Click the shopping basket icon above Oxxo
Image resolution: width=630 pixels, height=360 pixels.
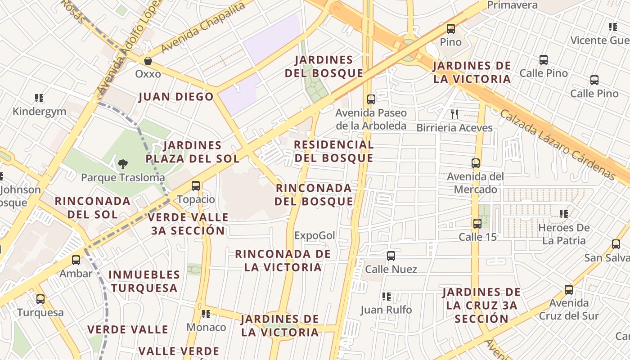click(x=148, y=60)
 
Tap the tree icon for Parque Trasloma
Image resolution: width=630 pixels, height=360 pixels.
click(x=122, y=164)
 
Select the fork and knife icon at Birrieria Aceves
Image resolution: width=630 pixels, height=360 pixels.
click(x=454, y=114)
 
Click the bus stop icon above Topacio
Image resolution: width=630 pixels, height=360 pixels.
click(x=196, y=185)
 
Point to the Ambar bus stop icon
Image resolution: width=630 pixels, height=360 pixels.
click(x=76, y=260)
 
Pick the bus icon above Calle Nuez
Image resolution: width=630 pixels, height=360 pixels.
click(x=391, y=256)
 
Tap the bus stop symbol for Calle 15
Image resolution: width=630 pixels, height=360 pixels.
click(x=477, y=223)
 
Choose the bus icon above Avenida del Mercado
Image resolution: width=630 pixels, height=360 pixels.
click(x=476, y=163)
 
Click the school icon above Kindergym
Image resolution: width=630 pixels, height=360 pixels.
click(x=39, y=98)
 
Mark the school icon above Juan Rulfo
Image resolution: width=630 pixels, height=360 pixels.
click(x=386, y=296)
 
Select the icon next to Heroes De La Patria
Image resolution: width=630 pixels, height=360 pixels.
click(x=563, y=214)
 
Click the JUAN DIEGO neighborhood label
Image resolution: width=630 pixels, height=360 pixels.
click(x=176, y=97)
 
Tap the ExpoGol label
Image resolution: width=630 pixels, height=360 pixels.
click(x=315, y=235)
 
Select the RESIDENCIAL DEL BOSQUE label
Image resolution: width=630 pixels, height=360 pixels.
click(x=333, y=151)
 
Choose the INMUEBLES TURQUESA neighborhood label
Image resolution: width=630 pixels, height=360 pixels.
click(x=144, y=281)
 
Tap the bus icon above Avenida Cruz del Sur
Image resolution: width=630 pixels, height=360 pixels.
click(x=569, y=289)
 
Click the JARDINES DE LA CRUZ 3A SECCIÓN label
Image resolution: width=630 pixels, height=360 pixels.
click(x=481, y=306)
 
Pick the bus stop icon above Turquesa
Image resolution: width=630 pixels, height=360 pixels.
click(x=40, y=299)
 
